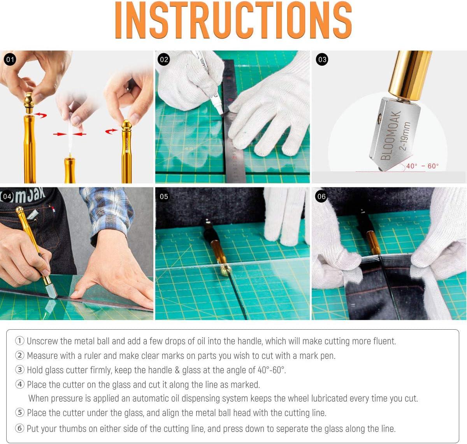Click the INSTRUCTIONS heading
(x=233, y=20)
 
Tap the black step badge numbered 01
(x=10, y=59)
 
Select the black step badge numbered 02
(x=164, y=59)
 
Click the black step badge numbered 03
(x=322, y=59)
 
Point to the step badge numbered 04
(x=7, y=196)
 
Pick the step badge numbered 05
(x=164, y=196)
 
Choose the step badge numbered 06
(x=321, y=196)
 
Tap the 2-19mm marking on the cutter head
(x=405, y=136)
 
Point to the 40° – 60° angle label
(x=422, y=166)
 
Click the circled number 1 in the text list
(x=20, y=341)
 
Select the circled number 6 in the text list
(x=20, y=428)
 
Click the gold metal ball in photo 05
(x=225, y=270)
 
